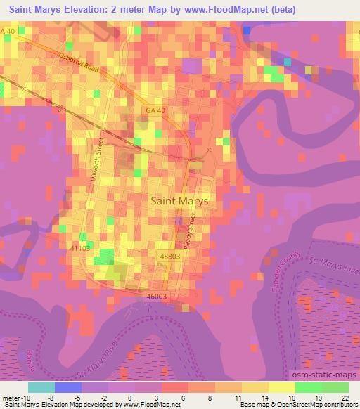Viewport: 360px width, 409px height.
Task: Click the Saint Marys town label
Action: (x=180, y=200)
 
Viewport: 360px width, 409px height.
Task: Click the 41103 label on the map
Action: (x=81, y=248)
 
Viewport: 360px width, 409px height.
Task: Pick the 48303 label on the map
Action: (x=171, y=258)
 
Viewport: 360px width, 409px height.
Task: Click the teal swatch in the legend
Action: (x=41, y=387)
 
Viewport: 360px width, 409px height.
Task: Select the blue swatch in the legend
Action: (x=67, y=387)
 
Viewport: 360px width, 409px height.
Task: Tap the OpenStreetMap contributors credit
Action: (x=315, y=405)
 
